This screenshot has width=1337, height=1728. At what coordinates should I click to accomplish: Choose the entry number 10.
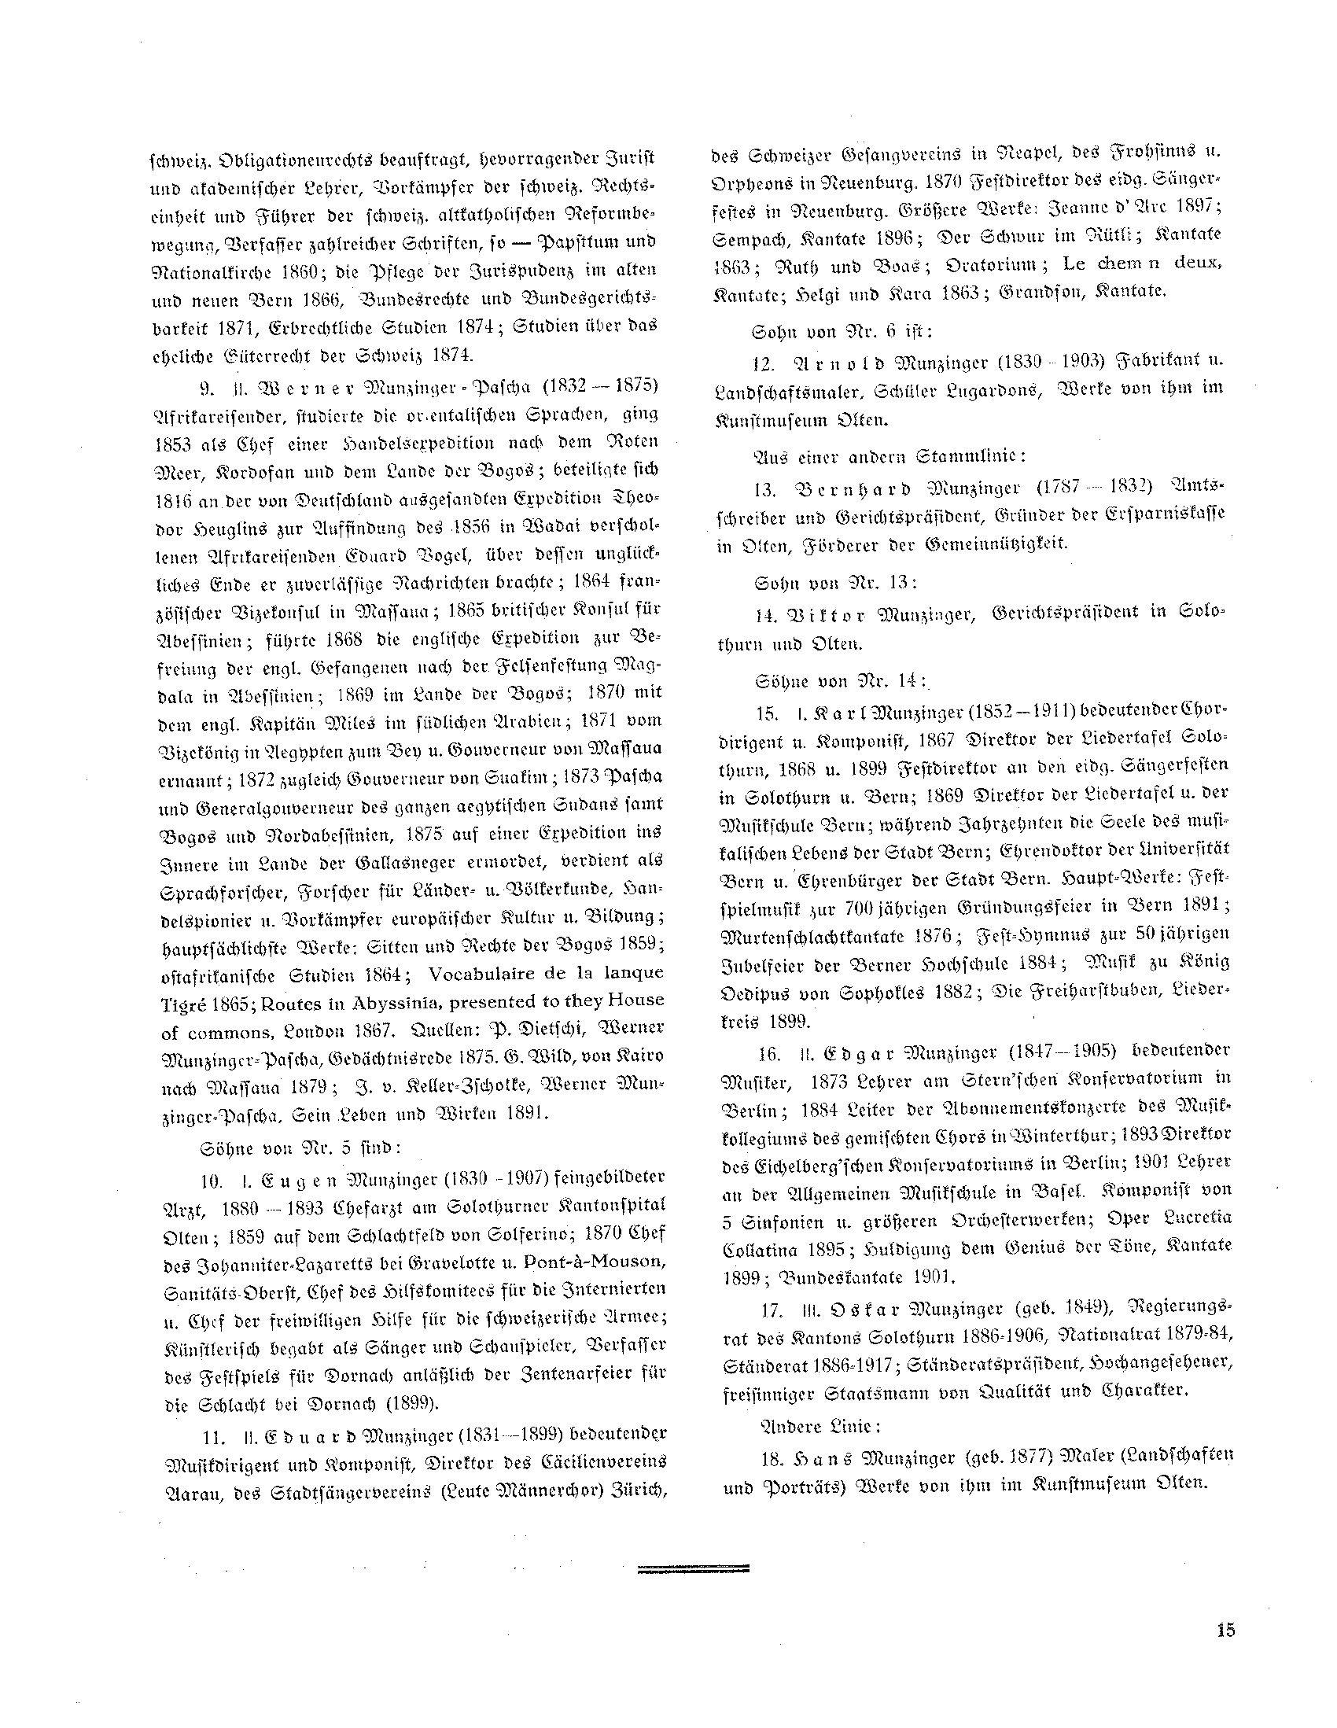[x=211, y=1181]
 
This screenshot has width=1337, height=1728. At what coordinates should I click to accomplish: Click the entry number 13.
[x=764, y=486]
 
